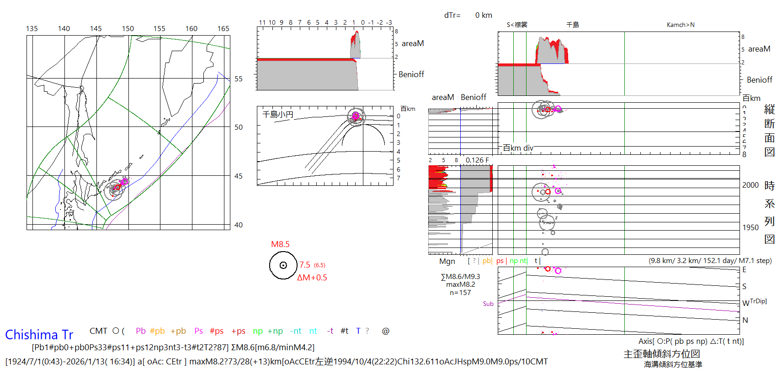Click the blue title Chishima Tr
tap(39, 335)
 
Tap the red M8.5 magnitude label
tap(280, 244)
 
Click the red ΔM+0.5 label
tap(312, 278)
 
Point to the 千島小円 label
tap(278, 114)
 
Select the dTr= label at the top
tap(452, 15)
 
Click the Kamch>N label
tap(681, 25)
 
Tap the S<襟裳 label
tap(517, 25)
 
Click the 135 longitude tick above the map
tap(32, 28)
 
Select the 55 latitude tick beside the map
tap(239, 79)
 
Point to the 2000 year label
tap(750, 185)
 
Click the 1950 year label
tap(750, 227)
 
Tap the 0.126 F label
tap(477, 160)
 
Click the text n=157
tap(460, 293)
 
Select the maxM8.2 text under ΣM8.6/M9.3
tap(461, 284)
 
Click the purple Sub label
tap(488, 304)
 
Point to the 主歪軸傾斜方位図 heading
tap(662, 354)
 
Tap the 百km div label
tap(518, 148)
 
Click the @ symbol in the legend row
tap(386, 331)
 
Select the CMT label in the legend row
tap(98, 331)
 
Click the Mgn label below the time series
tap(447, 261)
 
